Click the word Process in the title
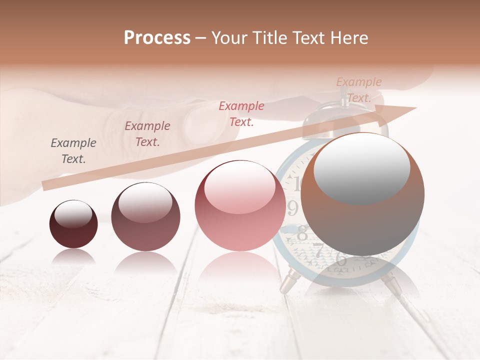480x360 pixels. tap(157, 38)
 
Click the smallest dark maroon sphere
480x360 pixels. tap(73, 224)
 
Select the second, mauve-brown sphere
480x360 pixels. tap(145, 216)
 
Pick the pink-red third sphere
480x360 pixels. tap(240, 205)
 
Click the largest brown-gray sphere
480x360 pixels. tap(362, 194)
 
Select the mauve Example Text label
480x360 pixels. tap(147, 134)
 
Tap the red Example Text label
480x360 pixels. tap(241, 113)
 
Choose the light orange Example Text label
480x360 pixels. tap(359, 90)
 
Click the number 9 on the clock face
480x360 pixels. tap(293, 207)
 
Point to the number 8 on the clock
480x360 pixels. tap(302, 232)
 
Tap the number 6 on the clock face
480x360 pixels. tap(341, 259)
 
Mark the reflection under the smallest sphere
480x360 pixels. tap(73, 257)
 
